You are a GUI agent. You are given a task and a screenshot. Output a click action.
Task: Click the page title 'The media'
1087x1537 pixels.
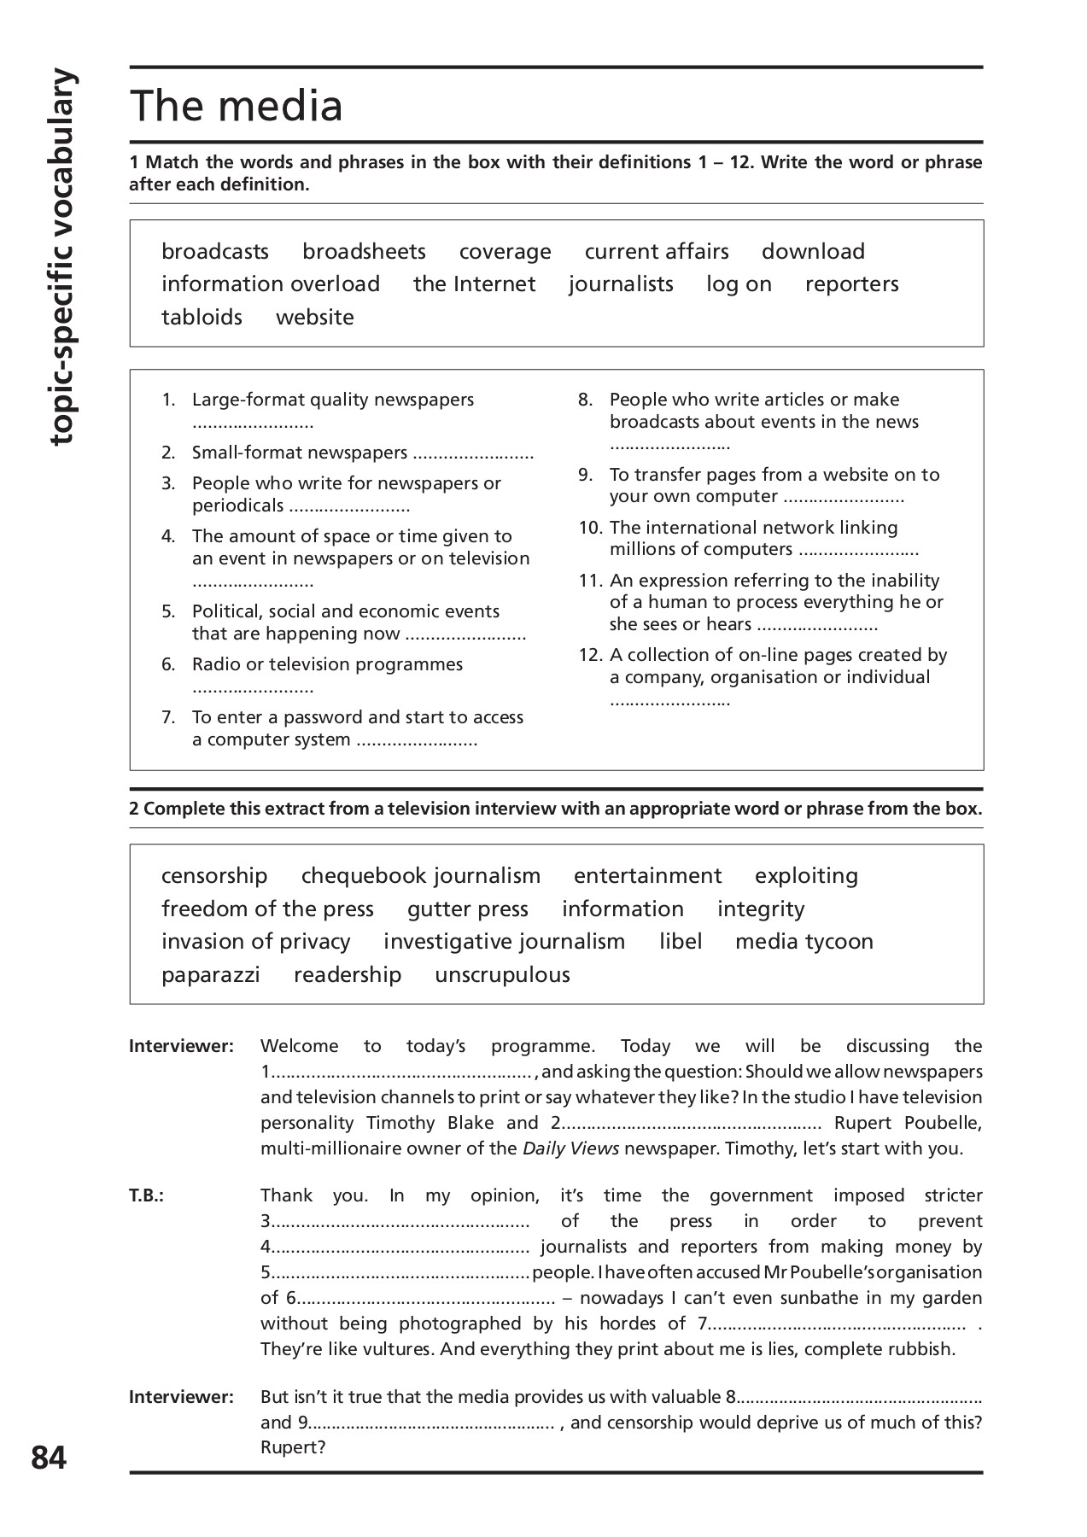(x=237, y=106)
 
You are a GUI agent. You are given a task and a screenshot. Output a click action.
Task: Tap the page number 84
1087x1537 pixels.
(x=49, y=1458)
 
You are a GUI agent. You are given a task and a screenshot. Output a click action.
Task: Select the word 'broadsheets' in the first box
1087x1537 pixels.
(x=364, y=252)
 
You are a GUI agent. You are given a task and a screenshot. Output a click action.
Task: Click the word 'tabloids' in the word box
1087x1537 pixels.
(x=202, y=318)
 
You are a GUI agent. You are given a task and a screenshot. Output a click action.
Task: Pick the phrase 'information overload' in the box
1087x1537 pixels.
(x=271, y=284)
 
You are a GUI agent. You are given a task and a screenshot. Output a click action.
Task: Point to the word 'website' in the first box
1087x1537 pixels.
(x=314, y=318)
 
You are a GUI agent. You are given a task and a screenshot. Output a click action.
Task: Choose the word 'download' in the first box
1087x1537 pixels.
(x=813, y=252)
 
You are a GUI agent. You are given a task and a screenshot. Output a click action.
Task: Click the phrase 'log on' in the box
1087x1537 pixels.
(x=739, y=284)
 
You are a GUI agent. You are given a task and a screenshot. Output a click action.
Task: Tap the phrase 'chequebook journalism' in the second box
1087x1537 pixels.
(x=420, y=876)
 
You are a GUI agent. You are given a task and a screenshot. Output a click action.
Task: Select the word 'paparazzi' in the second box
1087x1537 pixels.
(x=210, y=975)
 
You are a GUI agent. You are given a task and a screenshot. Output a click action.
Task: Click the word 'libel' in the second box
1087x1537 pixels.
(x=681, y=942)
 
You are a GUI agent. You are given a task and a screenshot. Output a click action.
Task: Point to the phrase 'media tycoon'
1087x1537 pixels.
(x=804, y=942)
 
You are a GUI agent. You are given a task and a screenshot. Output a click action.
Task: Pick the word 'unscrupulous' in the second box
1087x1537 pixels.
(x=502, y=975)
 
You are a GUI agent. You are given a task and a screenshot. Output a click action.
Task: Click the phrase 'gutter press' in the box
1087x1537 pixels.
(x=467, y=909)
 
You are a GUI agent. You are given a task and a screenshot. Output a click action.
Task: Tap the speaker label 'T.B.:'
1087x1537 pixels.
(x=146, y=1196)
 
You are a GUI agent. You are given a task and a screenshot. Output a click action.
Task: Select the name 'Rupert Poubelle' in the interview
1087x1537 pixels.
(x=908, y=1123)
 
